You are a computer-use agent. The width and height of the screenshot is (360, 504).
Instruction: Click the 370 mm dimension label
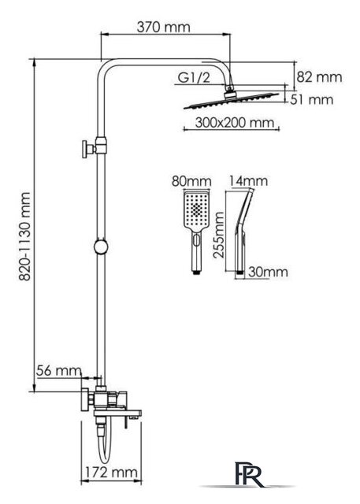pyautogui.click(x=163, y=27)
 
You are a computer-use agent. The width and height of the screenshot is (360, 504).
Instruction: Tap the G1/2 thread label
pyautogui.click(x=194, y=77)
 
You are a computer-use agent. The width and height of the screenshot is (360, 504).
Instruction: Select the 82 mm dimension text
pyautogui.click(x=319, y=77)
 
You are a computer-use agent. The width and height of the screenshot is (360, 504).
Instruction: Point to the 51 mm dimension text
pyautogui.click(x=312, y=100)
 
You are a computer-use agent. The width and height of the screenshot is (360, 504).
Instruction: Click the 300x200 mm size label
pyautogui.click(x=235, y=123)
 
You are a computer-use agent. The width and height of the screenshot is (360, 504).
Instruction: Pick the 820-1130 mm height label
pyautogui.click(x=24, y=236)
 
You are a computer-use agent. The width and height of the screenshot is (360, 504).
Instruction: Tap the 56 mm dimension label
pyautogui.click(x=59, y=371)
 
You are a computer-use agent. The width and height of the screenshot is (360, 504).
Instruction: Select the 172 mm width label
pyautogui.click(x=111, y=472)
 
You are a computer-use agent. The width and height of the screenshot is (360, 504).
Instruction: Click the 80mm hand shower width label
pyautogui.click(x=191, y=181)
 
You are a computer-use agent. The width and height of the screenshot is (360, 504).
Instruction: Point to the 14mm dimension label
pyautogui.click(x=248, y=181)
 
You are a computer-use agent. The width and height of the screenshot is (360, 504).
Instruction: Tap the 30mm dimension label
pyautogui.click(x=268, y=272)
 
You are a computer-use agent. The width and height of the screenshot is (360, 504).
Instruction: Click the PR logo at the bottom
pyautogui.click(x=249, y=474)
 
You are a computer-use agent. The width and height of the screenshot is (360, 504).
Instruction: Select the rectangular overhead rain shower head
pyautogui.click(x=232, y=100)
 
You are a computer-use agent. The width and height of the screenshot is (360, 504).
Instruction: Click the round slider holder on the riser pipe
pyautogui.click(x=101, y=246)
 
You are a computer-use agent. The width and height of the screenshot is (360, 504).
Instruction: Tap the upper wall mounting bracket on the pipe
pyautogui.click(x=94, y=149)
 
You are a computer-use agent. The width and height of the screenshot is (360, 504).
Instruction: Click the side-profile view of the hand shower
pyautogui.click(x=243, y=232)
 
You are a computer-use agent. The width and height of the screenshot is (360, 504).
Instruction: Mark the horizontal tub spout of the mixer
pyautogui.click(x=117, y=413)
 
